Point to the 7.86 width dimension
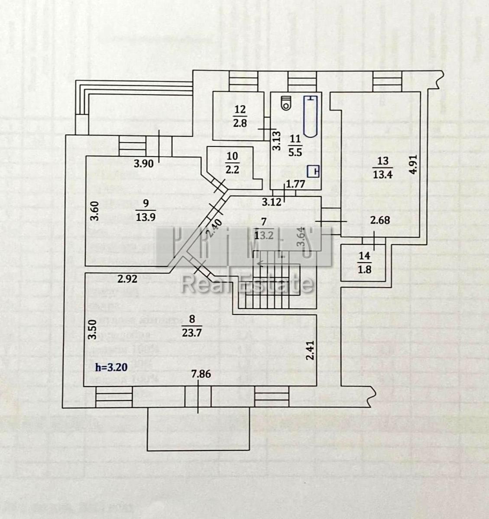(201, 374)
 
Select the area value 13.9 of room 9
(146, 217)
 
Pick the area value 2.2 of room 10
(232, 170)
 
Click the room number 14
(365, 256)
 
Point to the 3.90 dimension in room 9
(143, 164)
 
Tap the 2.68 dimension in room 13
(380, 220)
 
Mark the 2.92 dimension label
(128, 279)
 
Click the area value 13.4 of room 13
(382, 175)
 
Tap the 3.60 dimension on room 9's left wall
(95, 210)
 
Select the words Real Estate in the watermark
(247, 284)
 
